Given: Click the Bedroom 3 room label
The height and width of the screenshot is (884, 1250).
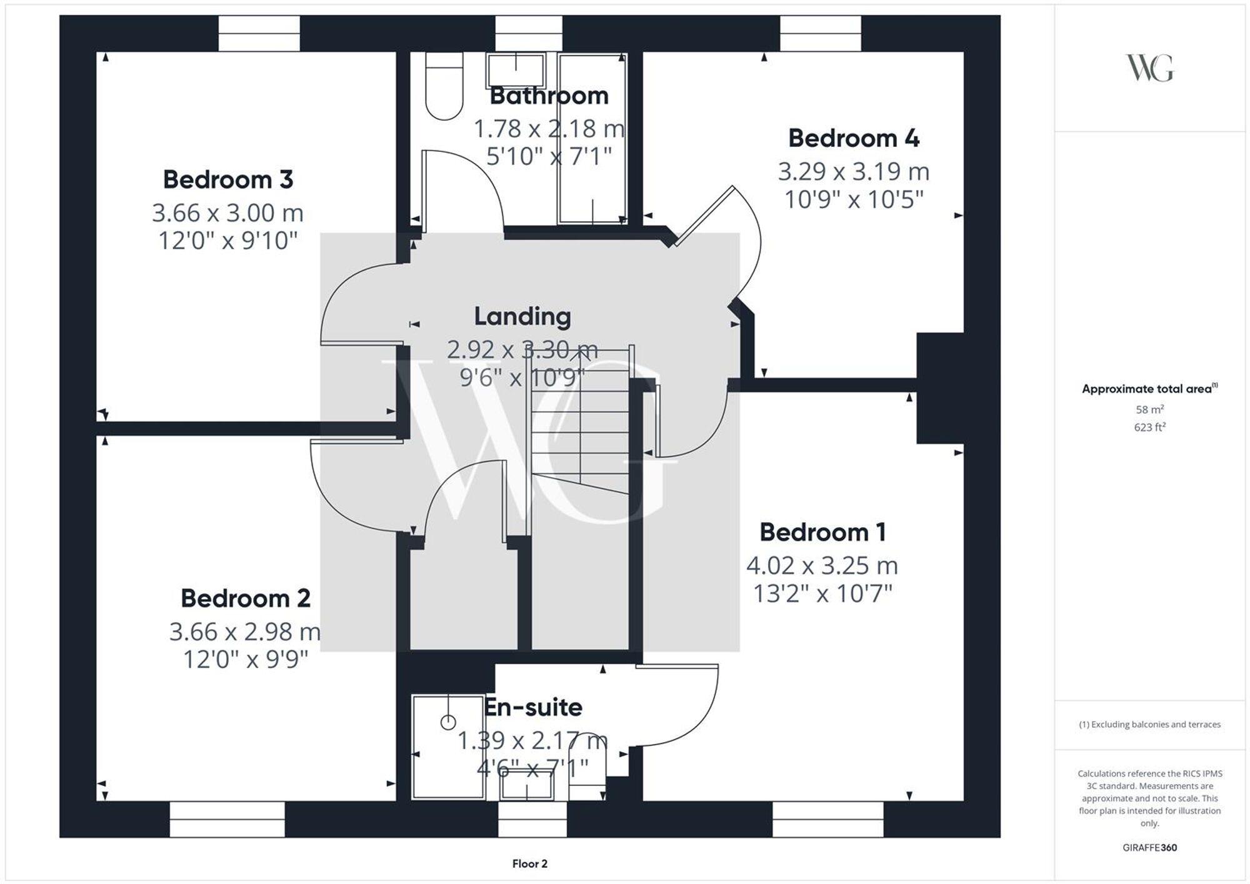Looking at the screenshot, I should tap(227, 180).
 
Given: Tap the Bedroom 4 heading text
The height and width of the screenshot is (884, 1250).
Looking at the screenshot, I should tap(853, 138).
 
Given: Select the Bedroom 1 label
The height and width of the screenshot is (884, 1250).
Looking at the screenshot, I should tap(822, 532).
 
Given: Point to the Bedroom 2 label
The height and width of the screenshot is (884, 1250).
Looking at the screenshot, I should tap(245, 598).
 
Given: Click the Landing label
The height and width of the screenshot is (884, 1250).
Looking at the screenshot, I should tap(522, 316).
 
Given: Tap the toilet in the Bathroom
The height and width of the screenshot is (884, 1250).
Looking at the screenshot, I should tap(444, 87).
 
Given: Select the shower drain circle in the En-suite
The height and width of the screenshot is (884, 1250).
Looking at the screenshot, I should tap(448, 723).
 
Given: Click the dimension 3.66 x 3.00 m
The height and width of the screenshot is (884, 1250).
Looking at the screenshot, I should tap(227, 213).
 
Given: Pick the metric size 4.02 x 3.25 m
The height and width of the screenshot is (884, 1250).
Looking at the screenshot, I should tap(822, 566).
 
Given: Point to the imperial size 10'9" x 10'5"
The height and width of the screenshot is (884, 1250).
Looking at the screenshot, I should tap(853, 200).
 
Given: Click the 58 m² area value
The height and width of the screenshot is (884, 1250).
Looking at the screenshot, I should tap(1149, 410).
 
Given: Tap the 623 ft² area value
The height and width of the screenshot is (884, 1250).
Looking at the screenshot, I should tap(1149, 427).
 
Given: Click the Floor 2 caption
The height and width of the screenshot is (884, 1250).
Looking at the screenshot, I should tap(529, 864).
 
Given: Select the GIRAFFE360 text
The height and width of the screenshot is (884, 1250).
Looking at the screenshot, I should tap(1149, 848).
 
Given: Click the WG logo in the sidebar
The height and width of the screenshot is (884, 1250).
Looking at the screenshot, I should tap(1149, 68).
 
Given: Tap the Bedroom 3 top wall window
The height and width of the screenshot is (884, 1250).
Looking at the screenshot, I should tap(259, 34).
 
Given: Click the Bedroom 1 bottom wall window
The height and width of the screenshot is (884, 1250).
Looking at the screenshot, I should tap(827, 819).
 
